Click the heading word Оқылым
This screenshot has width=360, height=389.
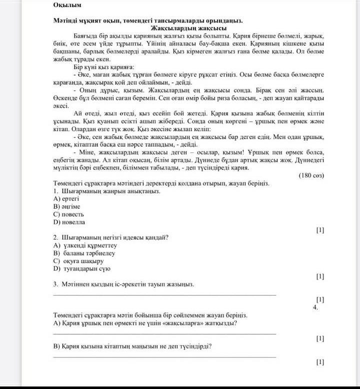[67, 5]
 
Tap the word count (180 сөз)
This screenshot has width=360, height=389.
[311, 175]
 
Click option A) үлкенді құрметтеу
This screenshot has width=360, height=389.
[85, 245]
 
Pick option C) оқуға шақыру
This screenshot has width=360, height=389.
[78, 260]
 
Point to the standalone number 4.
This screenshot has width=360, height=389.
[315, 307]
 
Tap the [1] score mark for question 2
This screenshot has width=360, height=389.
[320, 276]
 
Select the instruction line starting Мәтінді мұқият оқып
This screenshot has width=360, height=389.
[148, 20]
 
